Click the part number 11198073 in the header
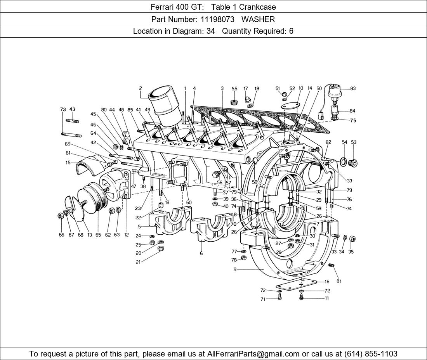(x=217, y=19)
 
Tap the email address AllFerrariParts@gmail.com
(x=253, y=353)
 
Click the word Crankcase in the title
(x=257, y=7)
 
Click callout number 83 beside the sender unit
(x=352, y=88)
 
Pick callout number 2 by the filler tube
(x=141, y=88)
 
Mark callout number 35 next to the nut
(x=351, y=252)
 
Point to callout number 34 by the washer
(x=342, y=252)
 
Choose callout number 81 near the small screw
(x=339, y=281)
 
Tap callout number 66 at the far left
(x=61, y=235)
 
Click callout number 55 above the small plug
(x=234, y=89)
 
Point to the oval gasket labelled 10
(x=290, y=106)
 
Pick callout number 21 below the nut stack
(x=138, y=262)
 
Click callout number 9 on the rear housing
(x=235, y=269)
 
